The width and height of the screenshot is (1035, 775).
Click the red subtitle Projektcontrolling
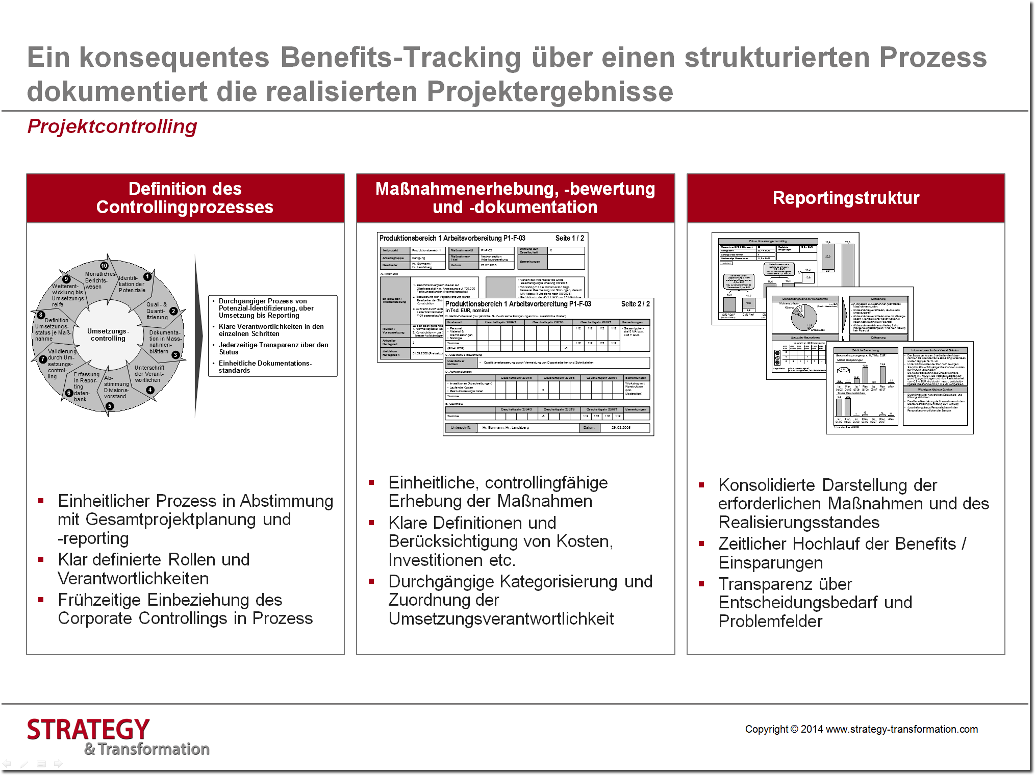tap(112, 126)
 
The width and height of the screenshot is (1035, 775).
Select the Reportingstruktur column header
tap(846, 198)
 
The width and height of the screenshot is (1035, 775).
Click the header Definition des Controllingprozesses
tap(185, 198)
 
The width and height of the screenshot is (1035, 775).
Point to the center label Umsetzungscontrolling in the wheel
tap(108, 334)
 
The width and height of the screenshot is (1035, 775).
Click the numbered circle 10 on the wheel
tap(104, 266)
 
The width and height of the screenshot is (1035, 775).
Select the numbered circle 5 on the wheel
tap(110, 406)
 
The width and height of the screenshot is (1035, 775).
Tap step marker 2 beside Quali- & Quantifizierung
tap(173, 311)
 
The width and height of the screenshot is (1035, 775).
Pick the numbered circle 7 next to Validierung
tap(43, 359)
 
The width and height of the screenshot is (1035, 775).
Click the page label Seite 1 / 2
tap(570, 238)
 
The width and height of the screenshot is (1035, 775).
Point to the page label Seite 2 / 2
tap(635, 304)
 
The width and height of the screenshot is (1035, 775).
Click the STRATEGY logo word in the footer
tap(88, 730)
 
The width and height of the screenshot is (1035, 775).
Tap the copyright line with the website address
tap(861, 729)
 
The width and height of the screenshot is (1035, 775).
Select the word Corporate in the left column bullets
tap(95, 618)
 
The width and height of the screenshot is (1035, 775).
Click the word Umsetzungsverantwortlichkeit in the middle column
tap(501, 619)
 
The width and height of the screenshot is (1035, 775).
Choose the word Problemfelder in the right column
tap(770, 622)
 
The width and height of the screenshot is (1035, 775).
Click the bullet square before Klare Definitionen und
tap(372, 523)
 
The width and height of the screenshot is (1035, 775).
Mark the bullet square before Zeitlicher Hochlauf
tap(702, 544)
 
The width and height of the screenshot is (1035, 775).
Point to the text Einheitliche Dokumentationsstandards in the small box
tap(265, 367)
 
